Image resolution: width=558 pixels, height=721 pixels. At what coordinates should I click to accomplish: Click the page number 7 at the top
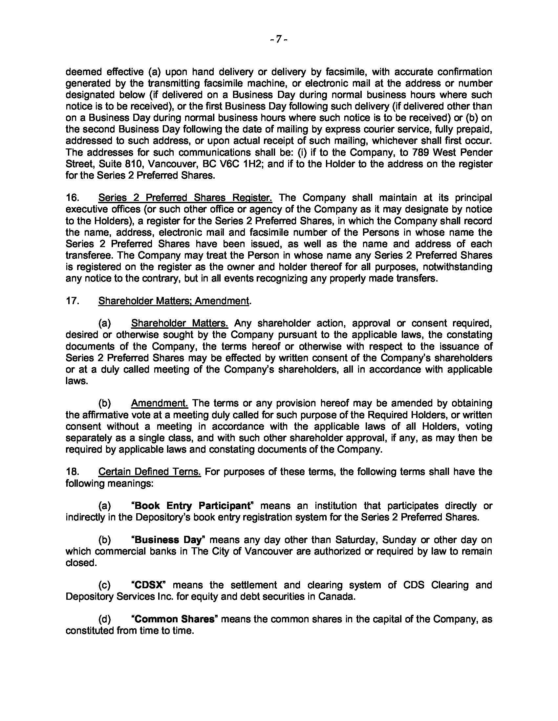[279, 39]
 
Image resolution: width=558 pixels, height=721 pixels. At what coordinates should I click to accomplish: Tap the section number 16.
[72, 198]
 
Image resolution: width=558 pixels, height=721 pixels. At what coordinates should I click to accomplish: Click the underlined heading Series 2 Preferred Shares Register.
[185, 198]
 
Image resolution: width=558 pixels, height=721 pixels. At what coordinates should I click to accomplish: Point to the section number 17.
[72, 301]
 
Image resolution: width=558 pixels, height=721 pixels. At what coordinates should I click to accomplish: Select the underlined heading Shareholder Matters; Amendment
[174, 301]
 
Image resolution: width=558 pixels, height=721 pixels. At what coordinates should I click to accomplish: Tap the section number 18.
[72, 472]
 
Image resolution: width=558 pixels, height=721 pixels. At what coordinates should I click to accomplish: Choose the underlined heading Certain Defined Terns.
[149, 472]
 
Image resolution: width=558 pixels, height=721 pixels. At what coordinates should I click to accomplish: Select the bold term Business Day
[169, 540]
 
